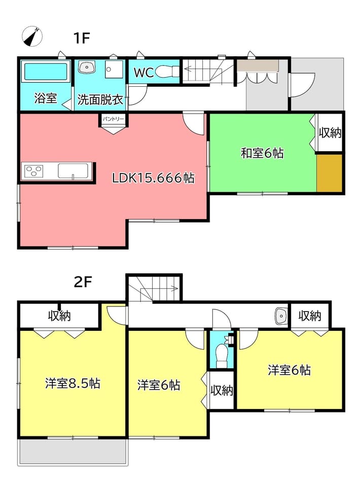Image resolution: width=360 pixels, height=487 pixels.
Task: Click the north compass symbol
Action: tap(32, 37)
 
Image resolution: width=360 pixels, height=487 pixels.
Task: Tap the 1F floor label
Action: tap(81, 38)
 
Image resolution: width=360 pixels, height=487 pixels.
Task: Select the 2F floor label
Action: tap(83, 283)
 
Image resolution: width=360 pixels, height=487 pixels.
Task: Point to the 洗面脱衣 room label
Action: tap(100, 100)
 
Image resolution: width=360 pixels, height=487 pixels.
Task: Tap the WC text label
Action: tap(143, 73)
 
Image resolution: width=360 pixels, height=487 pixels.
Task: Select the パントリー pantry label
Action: tap(113, 119)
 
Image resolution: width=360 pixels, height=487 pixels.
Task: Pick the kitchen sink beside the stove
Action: tap(73, 171)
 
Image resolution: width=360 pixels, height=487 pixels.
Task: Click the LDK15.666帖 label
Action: tap(153, 178)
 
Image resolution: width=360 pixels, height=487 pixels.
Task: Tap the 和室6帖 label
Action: tap(262, 153)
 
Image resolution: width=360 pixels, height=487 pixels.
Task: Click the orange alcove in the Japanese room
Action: tap(329, 173)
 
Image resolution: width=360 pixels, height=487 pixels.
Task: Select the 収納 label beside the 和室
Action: tap(330, 132)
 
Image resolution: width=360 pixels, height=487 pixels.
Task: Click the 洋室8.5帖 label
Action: tap(73, 384)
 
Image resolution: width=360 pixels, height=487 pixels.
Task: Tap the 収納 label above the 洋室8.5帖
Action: tap(59, 316)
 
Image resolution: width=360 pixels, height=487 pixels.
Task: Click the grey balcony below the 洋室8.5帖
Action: tap(73, 452)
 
